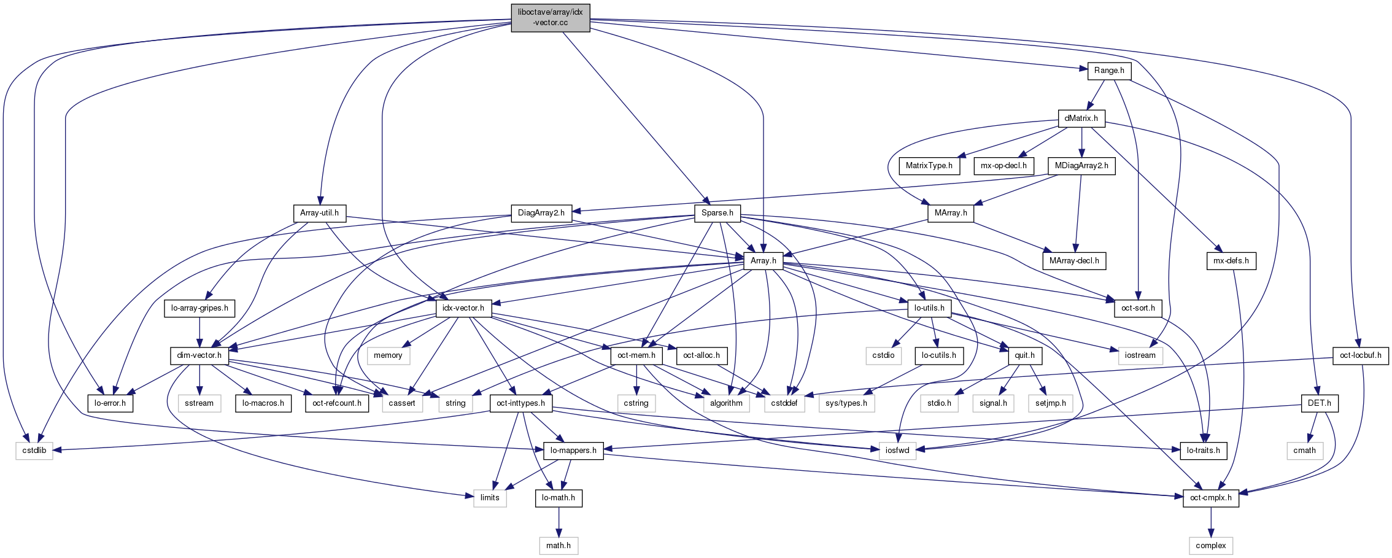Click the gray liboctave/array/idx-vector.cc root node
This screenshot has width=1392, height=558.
pyautogui.click(x=550, y=17)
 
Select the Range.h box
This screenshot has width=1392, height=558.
pyautogui.click(x=1108, y=71)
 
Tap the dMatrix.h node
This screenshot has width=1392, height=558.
pyautogui.click(x=1081, y=118)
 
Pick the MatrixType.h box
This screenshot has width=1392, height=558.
pyautogui.click(x=929, y=166)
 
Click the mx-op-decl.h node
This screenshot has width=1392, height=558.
pyautogui.click(x=1003, y=166)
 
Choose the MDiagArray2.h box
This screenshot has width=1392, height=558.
pyautogui.click(x=1081, y=166)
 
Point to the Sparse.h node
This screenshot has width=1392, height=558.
pyautogui.click(x=717, y=213)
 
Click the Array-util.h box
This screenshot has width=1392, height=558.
pyautogui.click(x=319, y=213)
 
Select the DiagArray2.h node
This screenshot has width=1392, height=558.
pyautogui.click(x=541, y=213)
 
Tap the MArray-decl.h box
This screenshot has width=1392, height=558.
pyautogui.click(x=1073, y=261)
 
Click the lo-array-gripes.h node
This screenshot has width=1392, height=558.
pyautogui.click(x=199, y=308)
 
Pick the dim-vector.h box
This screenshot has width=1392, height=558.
pyautogui.click(x=199, y=355)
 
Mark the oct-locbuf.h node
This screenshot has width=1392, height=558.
pyautogui.click(x=1360, y=355)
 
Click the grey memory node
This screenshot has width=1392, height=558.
pyautogui.click(x=388, y=355)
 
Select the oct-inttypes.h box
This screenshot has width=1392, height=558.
pyautogui.click(x=521, y=403)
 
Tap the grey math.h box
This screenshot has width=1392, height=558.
pyautogui.click(x=559, y=545)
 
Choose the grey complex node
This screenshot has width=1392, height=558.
pyautogui.click(x=1210, y=545)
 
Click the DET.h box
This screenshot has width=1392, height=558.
pyautogui.click(x=1319, y=403)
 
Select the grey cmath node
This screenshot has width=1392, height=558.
pyautogui.click(x=1304, y=451)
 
